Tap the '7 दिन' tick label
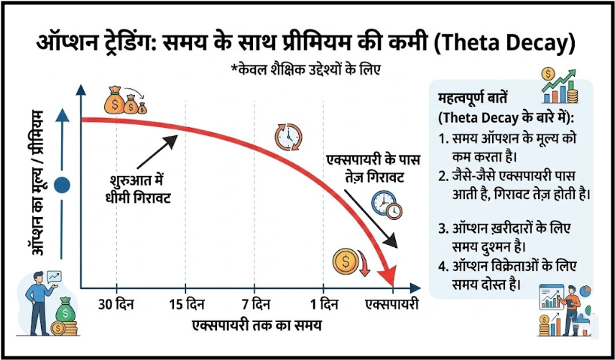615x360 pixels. tap(256, 303)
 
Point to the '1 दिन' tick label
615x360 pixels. tap(323, 303)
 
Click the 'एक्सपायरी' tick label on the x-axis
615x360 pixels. tap(392, 303)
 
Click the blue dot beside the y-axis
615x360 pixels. tap(63, 185)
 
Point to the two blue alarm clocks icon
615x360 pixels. tap(387, 205)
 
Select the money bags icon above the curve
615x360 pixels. tap(124, 101)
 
